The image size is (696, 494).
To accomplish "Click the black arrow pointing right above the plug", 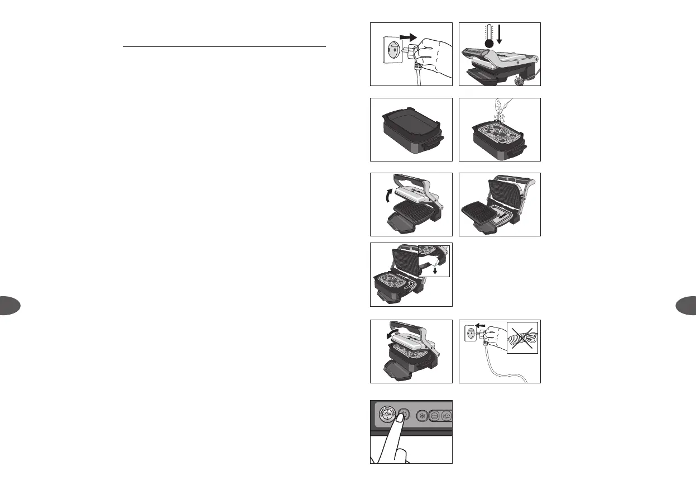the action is point(409,37).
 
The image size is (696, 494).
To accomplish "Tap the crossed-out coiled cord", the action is point(522,337).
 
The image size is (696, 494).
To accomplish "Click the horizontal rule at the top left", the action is point(224,46).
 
